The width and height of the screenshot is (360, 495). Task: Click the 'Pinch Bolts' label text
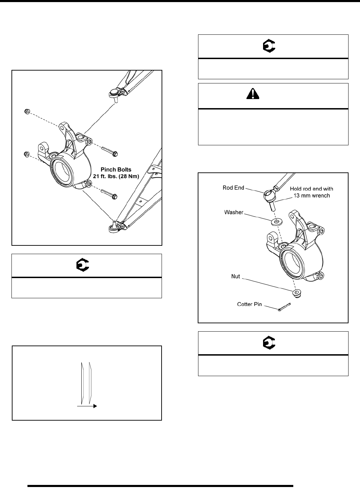click(x=116, y=170)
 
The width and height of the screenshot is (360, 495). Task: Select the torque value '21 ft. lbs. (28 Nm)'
click(x=116, y=176)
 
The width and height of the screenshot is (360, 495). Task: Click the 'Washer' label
click(x=234, y=212)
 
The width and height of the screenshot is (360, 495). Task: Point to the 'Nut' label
click(x=236, y=277)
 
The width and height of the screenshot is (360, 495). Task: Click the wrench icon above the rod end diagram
click(x=268, y=46)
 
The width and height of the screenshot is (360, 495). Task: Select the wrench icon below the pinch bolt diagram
click(x=83, y=266)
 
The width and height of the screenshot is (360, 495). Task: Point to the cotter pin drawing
click(x=284, y=307)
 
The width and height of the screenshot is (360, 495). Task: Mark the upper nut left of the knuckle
click(x=26, y=111)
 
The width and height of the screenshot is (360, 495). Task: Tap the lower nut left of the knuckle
click(x=26, y=154)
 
